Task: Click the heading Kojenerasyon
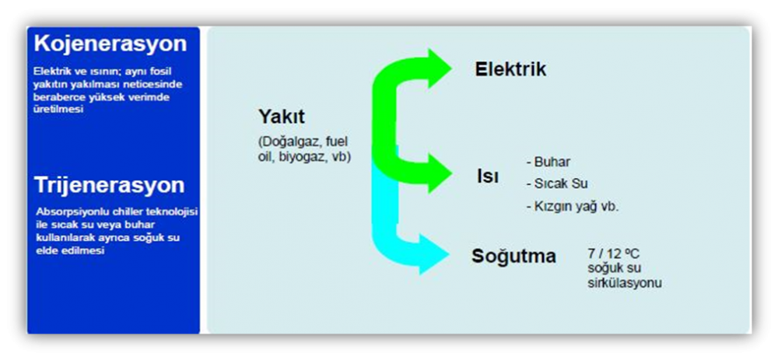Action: (110, 44)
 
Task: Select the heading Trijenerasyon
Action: (109, 185)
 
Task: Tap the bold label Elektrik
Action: (510, 69)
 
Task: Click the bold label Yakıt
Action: (282, 117)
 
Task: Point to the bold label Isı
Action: (487, 177)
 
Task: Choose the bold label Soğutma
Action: (513, 257)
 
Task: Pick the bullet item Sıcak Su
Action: (557, 183)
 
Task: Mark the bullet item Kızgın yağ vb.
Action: (573, 206)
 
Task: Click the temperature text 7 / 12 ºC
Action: (614, 254)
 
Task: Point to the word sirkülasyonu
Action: (625, 283)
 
